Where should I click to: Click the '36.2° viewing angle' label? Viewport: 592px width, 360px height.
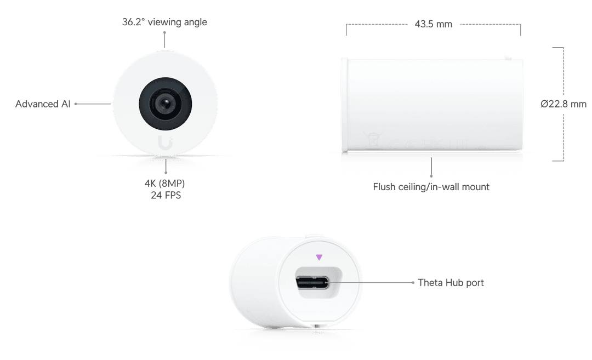point(164,22)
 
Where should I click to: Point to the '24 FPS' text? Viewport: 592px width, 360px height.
point(166,195)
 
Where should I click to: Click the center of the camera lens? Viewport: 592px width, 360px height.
point(165,104)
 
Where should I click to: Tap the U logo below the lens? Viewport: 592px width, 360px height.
point(165,142)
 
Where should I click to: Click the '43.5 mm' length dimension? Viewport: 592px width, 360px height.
point(434,24)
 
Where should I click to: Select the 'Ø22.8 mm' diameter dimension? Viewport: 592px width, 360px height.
point(562,104)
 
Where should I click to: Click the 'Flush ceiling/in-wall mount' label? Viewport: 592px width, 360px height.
point(431,187)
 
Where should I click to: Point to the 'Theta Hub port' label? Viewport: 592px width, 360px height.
point(451,283)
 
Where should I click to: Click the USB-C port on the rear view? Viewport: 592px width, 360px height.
point(312,283)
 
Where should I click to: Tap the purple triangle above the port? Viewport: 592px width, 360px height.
point(319,256)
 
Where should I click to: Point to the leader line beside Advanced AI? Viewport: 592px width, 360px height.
point(93,103)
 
